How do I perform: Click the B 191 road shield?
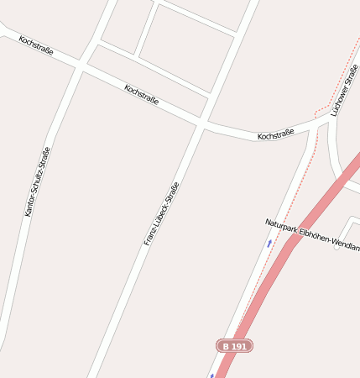[x=234, y=345]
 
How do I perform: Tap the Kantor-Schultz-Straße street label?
[x=37, y=181]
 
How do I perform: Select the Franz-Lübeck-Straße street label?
[x=162, y=213]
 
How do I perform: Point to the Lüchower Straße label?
[x=344, y=90]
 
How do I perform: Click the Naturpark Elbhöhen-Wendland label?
[x=311, y=234]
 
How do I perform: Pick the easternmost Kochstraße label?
[x=275, y=134]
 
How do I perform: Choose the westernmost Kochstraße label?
[x=35, y=45]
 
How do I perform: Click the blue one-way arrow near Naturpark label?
[x=269, y=243]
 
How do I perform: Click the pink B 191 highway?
[x=277, y=260]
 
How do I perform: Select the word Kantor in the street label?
[x=30, y=204]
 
